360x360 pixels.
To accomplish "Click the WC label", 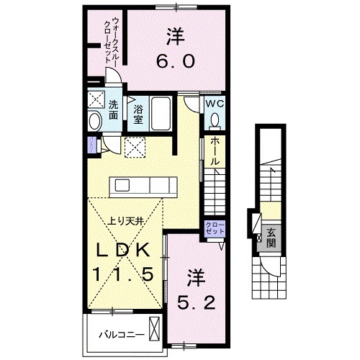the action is pyautogui.click(x=215, y=104).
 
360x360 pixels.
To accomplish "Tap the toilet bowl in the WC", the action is pyautogui.click(x=215, y=120).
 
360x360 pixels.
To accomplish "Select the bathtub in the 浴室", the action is pyautogui.click(x=161, y=113).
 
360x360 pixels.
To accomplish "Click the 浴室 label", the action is pyautogui.click(x=138, y=114).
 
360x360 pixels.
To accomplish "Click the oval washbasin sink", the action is pyautogui.click(x=95, y=121).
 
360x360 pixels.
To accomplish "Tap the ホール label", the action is pyautogui.click(x=215, y=152).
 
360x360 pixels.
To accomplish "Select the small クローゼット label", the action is pyautogui.click(x=215, y=228).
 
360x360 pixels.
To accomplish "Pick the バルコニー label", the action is pyautogui.click(x=122, y=334).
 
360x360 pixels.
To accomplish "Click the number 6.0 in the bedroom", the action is pyautogui.click(x=176, y=61).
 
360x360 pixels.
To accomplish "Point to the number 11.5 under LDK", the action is pyautogui.click(x=123, y=274).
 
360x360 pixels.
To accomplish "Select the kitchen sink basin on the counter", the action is pyautogui.click(x=122, y=185).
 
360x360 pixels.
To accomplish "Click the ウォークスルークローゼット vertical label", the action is pyautogui.click(x=111, y=40).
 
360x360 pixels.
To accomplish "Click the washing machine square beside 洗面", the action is pyautogui.click(x=96, y=99).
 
